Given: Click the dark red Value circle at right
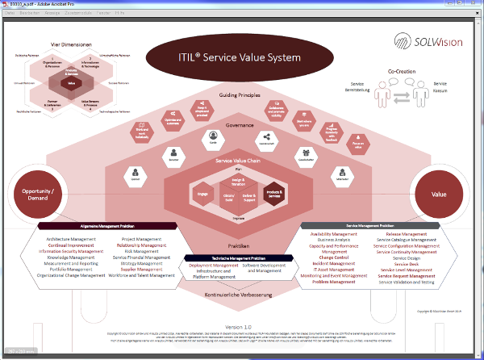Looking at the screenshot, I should tap(439, 195).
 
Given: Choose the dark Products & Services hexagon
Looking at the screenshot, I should tap(274, 194).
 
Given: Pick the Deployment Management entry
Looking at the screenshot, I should tap(214, 265).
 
